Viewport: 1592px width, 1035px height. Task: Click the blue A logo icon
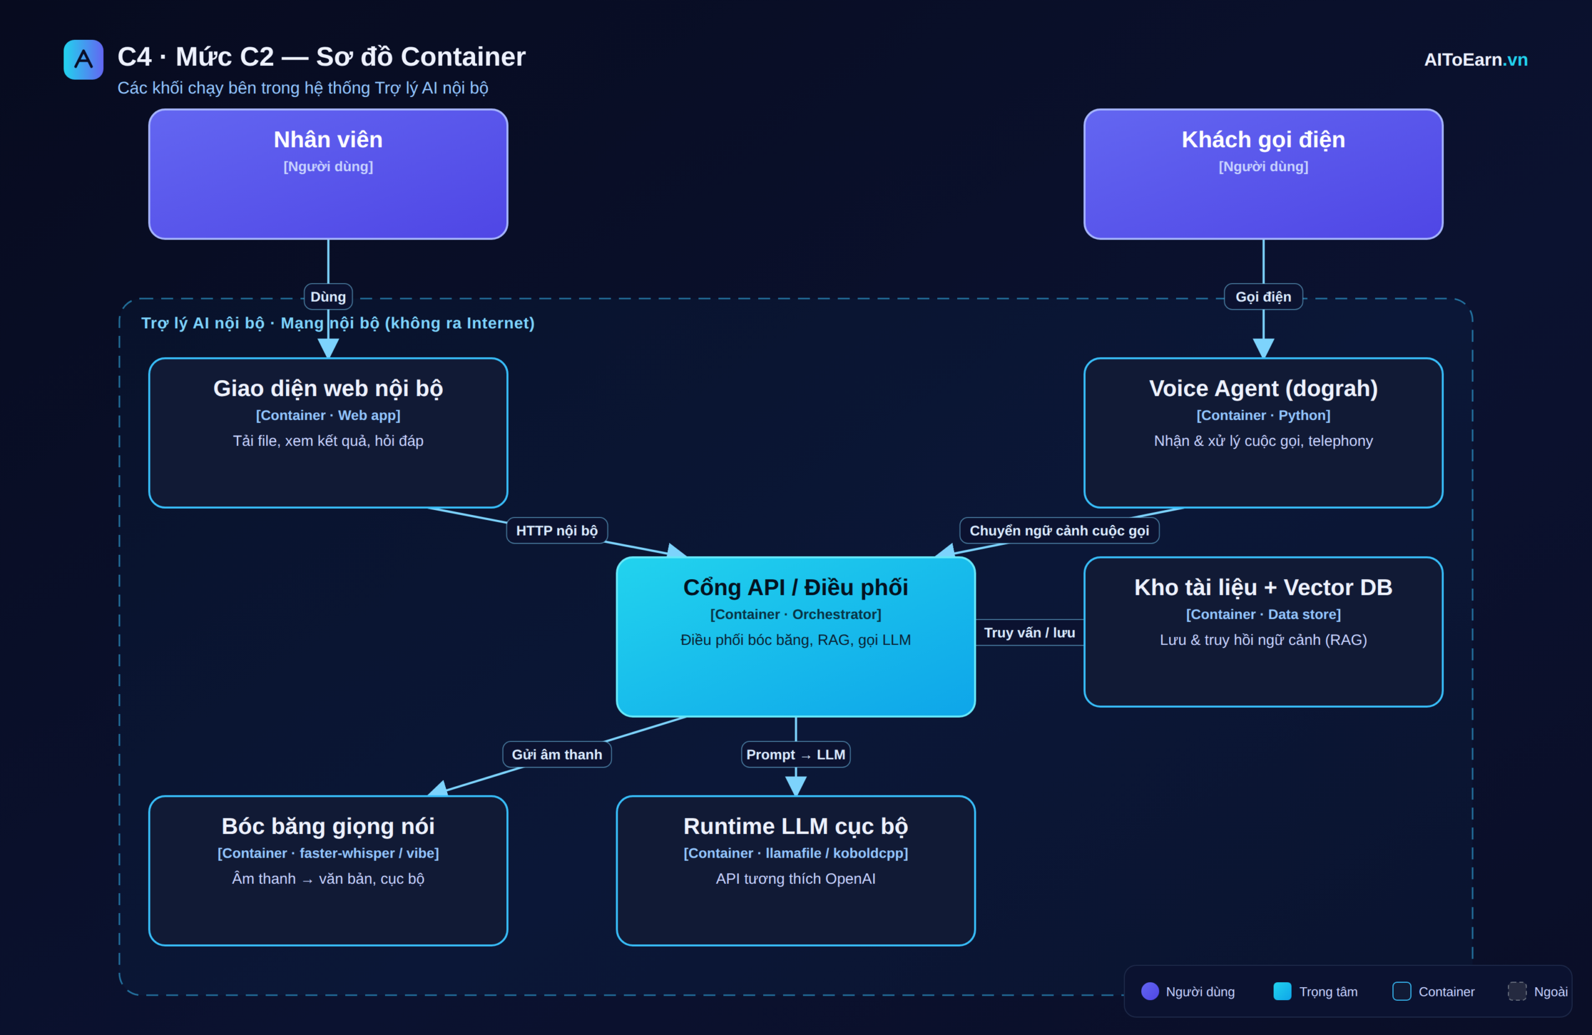click(x=83, y=60)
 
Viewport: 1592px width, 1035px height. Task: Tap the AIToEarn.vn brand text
click(x=1476, y=60)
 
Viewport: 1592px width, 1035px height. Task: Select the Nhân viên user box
click(x=328, y=174)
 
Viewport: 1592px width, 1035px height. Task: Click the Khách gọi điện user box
click(x=1263, y=174)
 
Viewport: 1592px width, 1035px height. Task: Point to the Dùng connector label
click(x=328, y=297)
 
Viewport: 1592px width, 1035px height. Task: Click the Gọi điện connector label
click(x=1263, y=297)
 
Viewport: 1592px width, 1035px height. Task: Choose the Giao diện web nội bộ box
click(x=328, y=433)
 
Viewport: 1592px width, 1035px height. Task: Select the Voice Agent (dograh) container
click(x=1263, y=433)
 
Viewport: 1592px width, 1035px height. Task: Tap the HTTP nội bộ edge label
click(x=557, y=531)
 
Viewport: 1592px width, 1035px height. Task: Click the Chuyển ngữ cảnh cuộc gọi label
click(x=1059, y=531)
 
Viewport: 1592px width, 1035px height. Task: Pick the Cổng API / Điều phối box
click(x=795, y=636)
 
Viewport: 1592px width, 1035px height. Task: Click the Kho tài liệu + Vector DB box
click(x=1263, y=631)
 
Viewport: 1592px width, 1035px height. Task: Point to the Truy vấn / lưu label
click(x=1029, y=632)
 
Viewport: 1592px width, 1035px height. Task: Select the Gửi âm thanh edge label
click(x=557, y=754)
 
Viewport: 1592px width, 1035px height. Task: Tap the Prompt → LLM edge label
click(x=795, y=754)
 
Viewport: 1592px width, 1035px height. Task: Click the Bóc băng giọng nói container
click(x=328, y=870)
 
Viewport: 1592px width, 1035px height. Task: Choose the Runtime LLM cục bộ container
click(x=795, y=870)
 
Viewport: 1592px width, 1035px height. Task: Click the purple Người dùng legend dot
click(x=1150, y=991)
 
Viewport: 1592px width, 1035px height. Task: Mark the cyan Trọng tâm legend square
click(x=1282, y=991)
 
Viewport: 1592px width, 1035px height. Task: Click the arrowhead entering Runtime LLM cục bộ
click(x=795, y=786)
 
